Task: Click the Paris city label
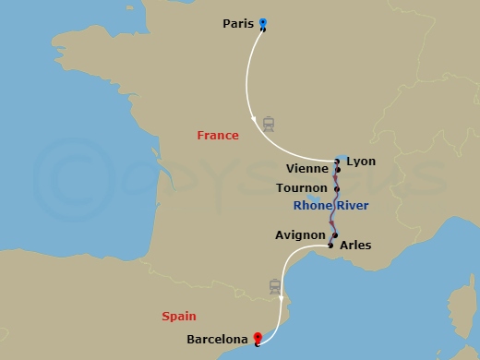coord(238,24)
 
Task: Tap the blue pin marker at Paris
coord(263,23)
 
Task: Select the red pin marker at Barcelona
coord(257,339)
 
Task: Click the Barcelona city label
coord(218,340)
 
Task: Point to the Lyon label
coord(361,161)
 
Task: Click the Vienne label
coord(307,170)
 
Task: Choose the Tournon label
coord(302,187)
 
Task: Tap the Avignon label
coord(300,235)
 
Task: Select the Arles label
coord(355,246)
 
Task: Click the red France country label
coord(218,136)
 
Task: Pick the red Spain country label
coord(179,316)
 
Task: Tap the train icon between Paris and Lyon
coord(269,123)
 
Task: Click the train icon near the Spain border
coord(275,286)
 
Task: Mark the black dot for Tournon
coord(337,188)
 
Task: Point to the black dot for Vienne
coord(339,170)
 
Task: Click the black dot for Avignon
coord(335,235)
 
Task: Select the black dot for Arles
coord(330,246)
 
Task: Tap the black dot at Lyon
coord(337,162)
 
